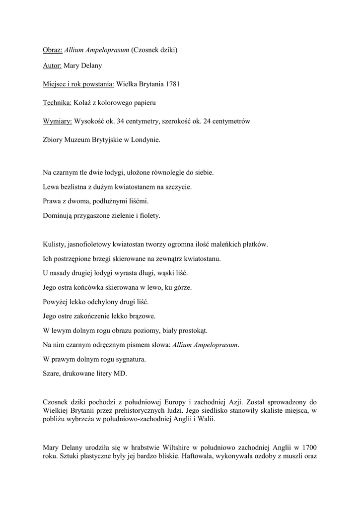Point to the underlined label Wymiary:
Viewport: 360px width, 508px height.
(x=58, y=121)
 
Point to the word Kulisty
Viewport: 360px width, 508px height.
(x=54, y=245)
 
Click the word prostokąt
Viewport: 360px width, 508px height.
(x=193, y=330)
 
